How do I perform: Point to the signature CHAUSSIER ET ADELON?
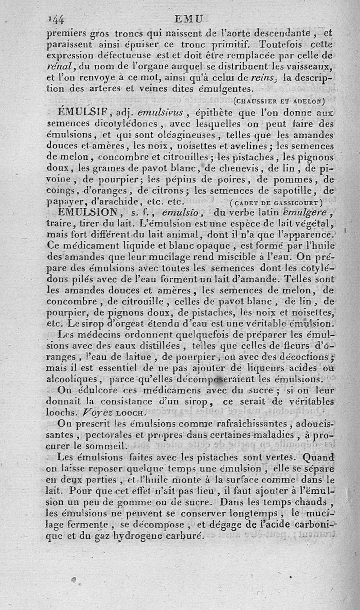(279, 100)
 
